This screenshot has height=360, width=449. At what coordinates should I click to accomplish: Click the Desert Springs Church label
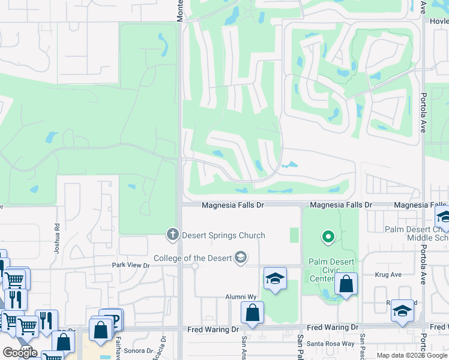point(223,235)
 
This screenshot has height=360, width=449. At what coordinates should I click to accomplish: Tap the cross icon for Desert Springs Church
point(173,234)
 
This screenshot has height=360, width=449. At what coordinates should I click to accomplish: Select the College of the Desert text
point(193,259)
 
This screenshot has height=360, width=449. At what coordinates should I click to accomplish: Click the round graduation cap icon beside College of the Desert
point(241,257)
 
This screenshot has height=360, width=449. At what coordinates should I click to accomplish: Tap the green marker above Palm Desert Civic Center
point(328,238)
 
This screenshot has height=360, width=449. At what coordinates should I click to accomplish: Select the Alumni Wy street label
point(241,296)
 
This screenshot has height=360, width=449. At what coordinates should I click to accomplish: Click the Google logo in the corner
point(20,353)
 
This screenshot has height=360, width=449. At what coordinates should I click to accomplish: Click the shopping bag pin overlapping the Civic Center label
point(346,284)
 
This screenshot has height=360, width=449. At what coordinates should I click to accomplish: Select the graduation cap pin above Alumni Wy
point(275,278)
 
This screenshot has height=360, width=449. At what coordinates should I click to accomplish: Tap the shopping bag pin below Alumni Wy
point(252,313)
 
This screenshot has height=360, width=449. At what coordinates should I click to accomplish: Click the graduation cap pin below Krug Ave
point(402,311)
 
